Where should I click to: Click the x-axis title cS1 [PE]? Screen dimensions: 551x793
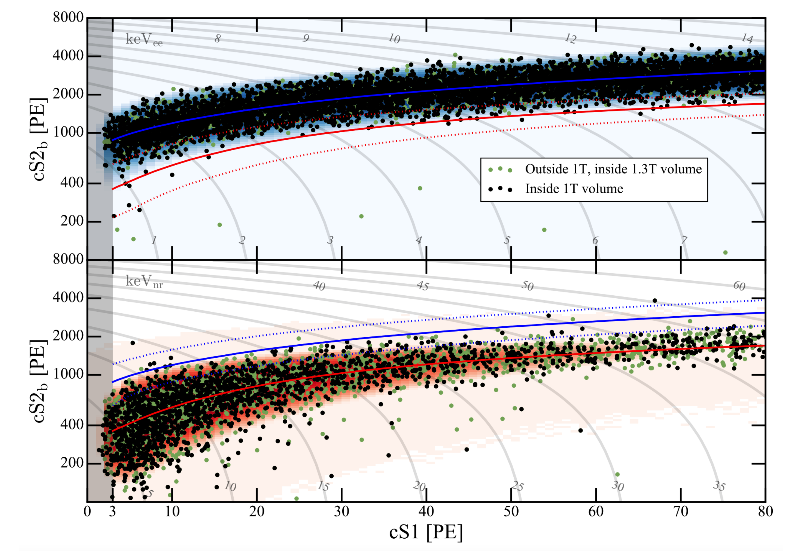pyautogui.click(x=425, y=532)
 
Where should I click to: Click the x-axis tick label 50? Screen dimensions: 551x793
pyautogui.click(x=511, y=511)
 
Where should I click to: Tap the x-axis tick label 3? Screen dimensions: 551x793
pyautogui.click(x=112, y=511)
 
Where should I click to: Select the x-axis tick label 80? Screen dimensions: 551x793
pyautogui.click(x=765, y=511)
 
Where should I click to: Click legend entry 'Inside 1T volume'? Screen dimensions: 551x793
pyautogui.click(x=574, y=189)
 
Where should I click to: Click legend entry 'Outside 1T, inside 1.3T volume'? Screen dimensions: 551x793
pyautogui.click(x=613, y=169)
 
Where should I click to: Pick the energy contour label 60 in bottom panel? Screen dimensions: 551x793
pyautogui.click(x=739, y=286)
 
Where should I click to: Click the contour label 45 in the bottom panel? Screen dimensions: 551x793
pyautogui.click(x=423, y=286)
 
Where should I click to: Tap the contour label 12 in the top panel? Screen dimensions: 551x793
pyautogui.click(x=571, y=39)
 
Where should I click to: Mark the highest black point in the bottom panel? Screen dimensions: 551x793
pyautogui.click(x=655, y=300)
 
